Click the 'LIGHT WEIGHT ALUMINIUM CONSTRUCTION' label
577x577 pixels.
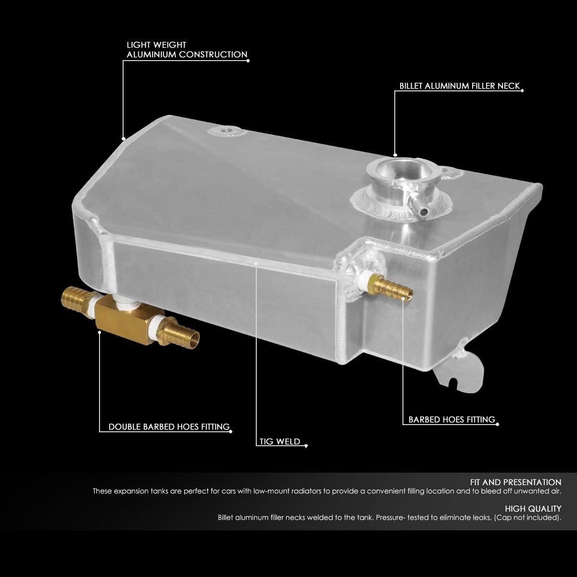[x=187, y=50]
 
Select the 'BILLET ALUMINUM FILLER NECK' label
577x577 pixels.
[x=459, y=86]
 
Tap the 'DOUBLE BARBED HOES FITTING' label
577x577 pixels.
[x=169, y=427]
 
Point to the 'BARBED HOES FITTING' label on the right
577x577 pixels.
[x=452, y=420]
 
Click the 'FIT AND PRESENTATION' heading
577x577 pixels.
[x=515, y=482]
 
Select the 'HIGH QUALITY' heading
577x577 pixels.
[x=533, y=508]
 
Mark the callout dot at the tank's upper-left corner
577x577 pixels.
[x=124, y=138]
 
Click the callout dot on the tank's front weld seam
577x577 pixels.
[x=256, y=263]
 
